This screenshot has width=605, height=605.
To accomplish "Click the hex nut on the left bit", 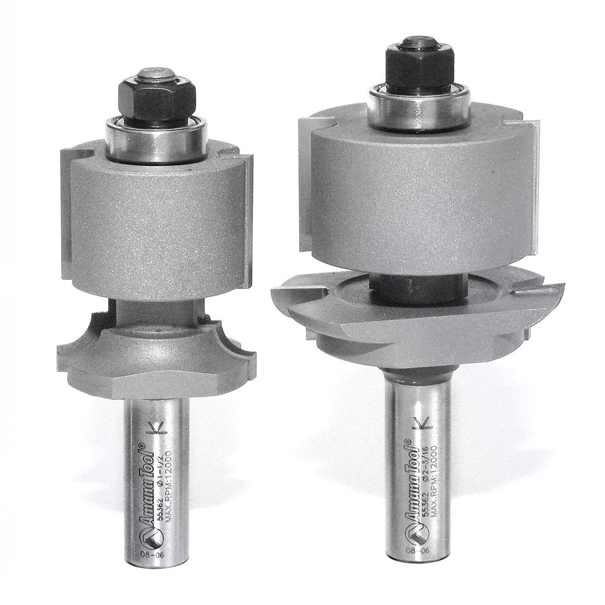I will [157, 97].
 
